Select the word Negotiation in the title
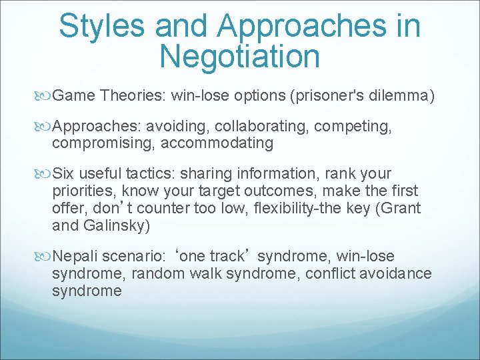(240, 57)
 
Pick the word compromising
(89, 143)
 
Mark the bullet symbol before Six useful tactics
(45, 174)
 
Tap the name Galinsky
(116, 225)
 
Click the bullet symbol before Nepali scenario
(45, 257)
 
